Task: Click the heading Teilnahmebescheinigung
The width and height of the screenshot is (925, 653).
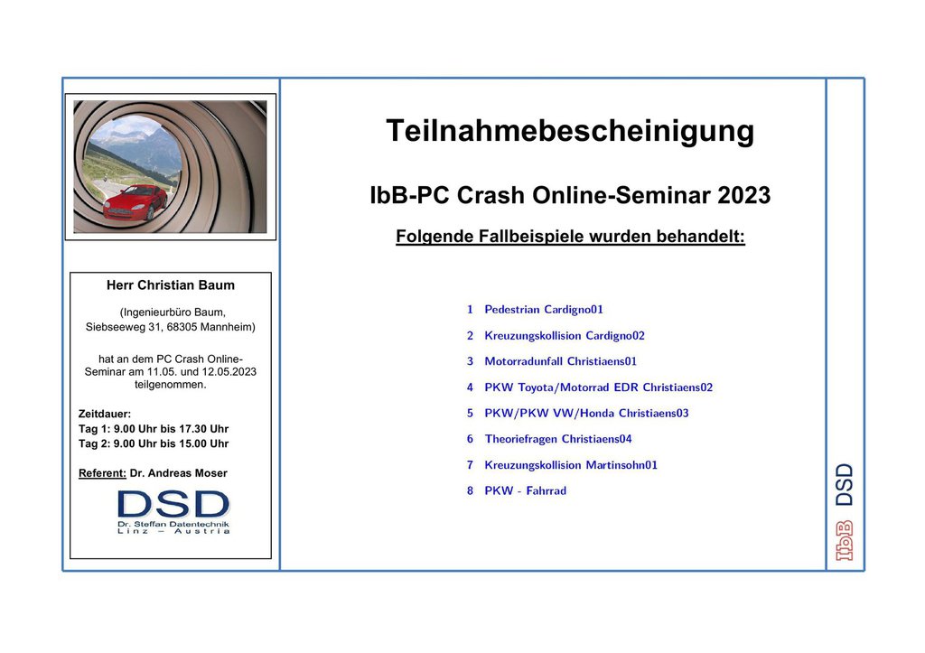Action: point(570,132)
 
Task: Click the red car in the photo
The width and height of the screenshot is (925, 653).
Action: point(135,203)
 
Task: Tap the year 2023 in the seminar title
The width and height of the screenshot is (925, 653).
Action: point(744,195)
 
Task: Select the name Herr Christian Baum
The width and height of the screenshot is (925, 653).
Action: point(171,285)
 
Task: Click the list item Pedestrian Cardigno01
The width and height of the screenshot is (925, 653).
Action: point(543,310)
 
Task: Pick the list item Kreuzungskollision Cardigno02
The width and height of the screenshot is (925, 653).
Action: point(565,336)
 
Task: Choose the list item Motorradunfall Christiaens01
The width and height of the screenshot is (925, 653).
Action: point(560,361)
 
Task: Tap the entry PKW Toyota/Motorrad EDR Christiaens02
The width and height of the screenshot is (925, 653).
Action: point(598,387)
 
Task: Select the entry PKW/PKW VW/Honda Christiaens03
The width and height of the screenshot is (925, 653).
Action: point(586,413)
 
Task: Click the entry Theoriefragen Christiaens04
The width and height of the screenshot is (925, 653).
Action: point(558,439)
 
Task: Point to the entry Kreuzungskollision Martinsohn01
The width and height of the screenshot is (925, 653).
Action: point(571,465)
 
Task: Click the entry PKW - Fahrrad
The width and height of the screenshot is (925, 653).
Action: point(525,490)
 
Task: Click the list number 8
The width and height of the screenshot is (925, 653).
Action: point(470,490)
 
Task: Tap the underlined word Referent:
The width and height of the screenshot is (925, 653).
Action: point(102,473)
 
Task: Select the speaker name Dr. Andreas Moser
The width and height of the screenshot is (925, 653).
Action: point(178,473)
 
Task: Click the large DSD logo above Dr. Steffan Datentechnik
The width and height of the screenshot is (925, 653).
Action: point(173,504)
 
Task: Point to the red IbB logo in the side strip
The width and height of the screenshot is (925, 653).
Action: point(845,540)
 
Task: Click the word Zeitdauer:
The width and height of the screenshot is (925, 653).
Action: point(105,414)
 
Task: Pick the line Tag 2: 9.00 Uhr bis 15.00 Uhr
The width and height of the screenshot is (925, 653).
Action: point(154,443)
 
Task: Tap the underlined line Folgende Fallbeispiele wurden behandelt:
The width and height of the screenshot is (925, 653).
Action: point(571,237)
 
